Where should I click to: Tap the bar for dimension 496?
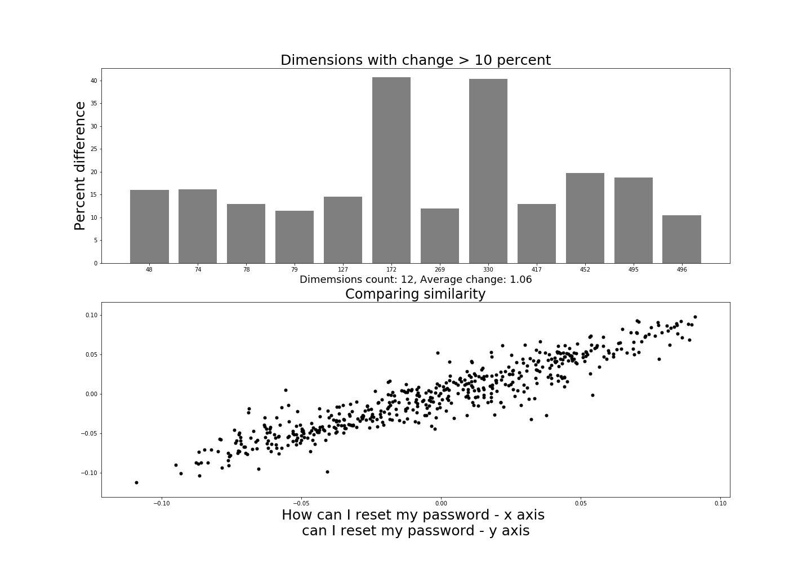coord(681,239)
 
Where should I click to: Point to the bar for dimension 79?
coord(295,237)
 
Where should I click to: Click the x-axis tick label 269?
coord(440,270)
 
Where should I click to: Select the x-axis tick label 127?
coord(343,270)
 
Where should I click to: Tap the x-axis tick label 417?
coord(537,270)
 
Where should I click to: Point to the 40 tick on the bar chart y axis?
coord(94,81)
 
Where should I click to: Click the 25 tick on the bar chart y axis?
coord(94,149)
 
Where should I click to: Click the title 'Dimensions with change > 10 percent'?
coord(416,60)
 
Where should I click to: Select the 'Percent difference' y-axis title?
coord(80,166)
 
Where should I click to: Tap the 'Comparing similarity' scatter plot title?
coord(415,294)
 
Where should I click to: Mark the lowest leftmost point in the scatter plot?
coord(136,482)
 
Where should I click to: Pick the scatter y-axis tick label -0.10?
coord(90,473)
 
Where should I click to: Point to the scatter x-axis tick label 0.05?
coord(581,503)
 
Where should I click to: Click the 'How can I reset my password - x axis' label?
coord(413,515)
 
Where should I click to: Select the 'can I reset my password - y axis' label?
coord(416,531)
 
